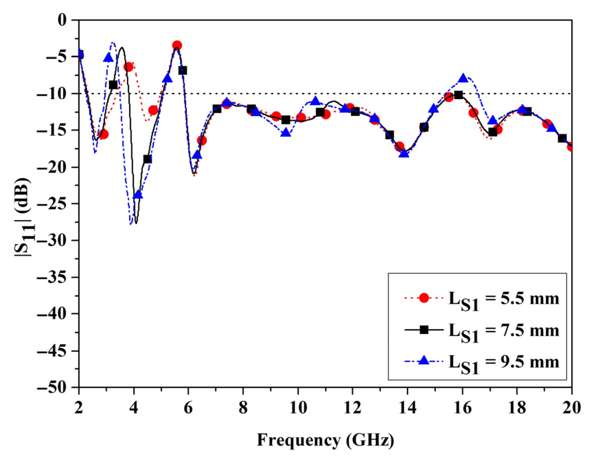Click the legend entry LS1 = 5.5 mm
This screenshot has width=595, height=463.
(x=503, y=299)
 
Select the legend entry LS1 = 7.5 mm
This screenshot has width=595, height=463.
(x=503, y=331)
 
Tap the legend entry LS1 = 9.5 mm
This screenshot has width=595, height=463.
(x=503, y=362)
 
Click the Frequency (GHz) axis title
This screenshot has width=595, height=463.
(x=325, y=441)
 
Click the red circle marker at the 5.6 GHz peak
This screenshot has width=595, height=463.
(x=177, y=46)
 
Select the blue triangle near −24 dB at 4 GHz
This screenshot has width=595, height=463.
(x=138, y=195)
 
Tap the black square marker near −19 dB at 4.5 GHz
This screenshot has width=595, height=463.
(x=147, y=159)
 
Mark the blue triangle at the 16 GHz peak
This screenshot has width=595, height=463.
(x=463, y=78)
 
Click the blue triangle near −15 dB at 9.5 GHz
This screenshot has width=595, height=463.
(x=286, y=133)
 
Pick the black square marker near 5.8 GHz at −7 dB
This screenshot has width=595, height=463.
(x=182, y=70)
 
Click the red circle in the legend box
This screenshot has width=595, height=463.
(x=424, y=298)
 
